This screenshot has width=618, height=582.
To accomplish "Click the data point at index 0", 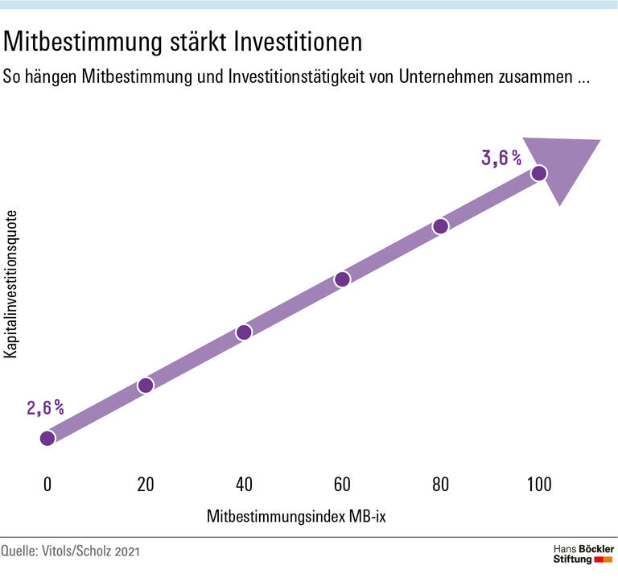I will click(47, 438).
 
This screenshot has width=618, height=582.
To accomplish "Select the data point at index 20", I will click(146, 385).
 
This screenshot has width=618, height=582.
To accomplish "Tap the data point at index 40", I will click(244, 332).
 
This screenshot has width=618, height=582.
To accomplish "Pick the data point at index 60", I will click(342, 279).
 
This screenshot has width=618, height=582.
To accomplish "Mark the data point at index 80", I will click(440, 226).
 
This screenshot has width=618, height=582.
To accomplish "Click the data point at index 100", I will click(538, 173).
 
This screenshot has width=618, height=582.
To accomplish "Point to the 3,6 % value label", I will click(501, 159).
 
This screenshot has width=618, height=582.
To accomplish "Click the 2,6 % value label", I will click(45, 408).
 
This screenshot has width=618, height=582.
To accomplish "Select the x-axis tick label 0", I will click(47, 485).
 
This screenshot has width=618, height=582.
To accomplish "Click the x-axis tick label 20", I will click(146, 485).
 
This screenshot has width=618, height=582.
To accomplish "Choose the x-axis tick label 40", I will click(244, 485).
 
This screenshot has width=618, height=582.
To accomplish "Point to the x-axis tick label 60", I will click(342, 485).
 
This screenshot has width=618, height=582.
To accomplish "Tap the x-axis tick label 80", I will click(440, 485).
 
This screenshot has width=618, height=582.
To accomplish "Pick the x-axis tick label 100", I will click(538, 485).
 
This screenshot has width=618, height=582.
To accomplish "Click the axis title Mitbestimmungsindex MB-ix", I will click(296, 516).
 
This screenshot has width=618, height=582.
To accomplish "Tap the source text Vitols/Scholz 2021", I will click(101, 552).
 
